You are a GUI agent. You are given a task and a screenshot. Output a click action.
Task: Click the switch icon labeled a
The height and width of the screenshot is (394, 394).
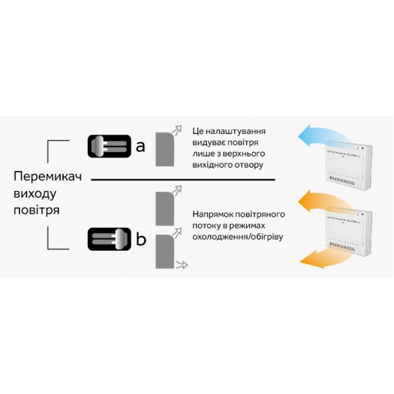109,146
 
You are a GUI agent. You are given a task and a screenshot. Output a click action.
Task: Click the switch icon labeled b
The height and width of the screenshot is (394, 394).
109,239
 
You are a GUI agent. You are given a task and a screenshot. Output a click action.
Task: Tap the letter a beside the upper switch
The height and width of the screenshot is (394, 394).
140,146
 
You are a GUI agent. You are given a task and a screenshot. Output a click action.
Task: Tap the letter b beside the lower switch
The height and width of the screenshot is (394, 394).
141,239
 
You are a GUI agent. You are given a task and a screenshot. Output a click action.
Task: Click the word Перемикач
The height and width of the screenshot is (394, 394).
47,176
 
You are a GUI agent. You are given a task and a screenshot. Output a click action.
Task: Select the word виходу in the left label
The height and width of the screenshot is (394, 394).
35,194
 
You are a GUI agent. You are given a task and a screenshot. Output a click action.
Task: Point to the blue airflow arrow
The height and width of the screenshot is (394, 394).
324,136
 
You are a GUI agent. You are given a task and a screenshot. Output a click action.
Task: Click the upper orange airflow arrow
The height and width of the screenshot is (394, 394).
324,201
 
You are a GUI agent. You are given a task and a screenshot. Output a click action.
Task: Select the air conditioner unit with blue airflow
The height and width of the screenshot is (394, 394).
349,165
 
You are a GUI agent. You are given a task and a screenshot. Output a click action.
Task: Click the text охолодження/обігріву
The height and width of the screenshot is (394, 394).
238,237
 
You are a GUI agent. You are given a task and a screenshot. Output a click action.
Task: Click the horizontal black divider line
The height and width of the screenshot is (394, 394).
183,180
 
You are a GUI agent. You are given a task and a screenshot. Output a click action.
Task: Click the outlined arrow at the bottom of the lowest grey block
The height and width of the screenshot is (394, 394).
182,264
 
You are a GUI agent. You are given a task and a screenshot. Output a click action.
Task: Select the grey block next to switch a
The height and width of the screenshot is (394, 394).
165,149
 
